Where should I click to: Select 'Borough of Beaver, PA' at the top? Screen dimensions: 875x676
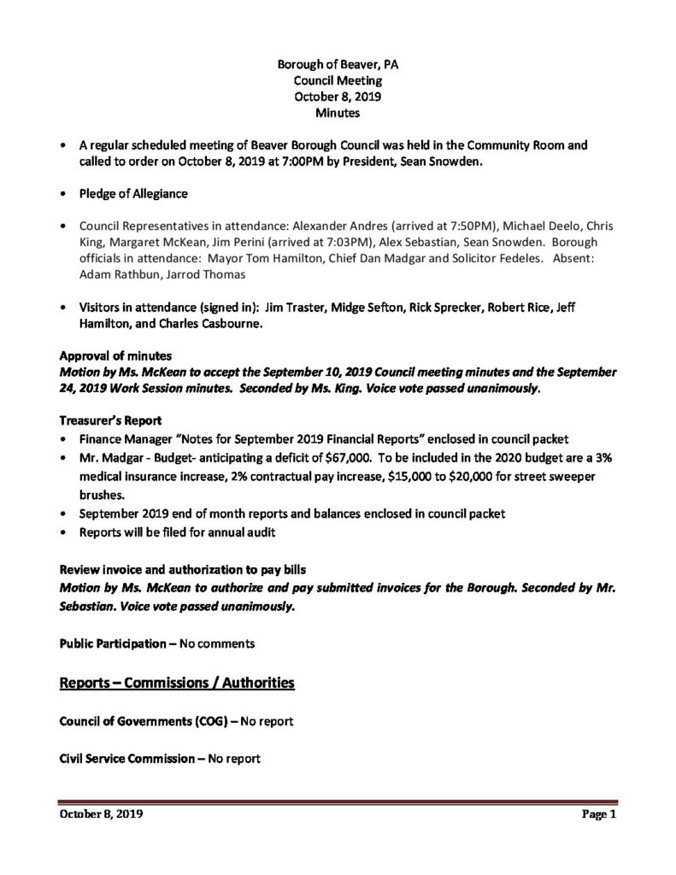click(337, 65)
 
